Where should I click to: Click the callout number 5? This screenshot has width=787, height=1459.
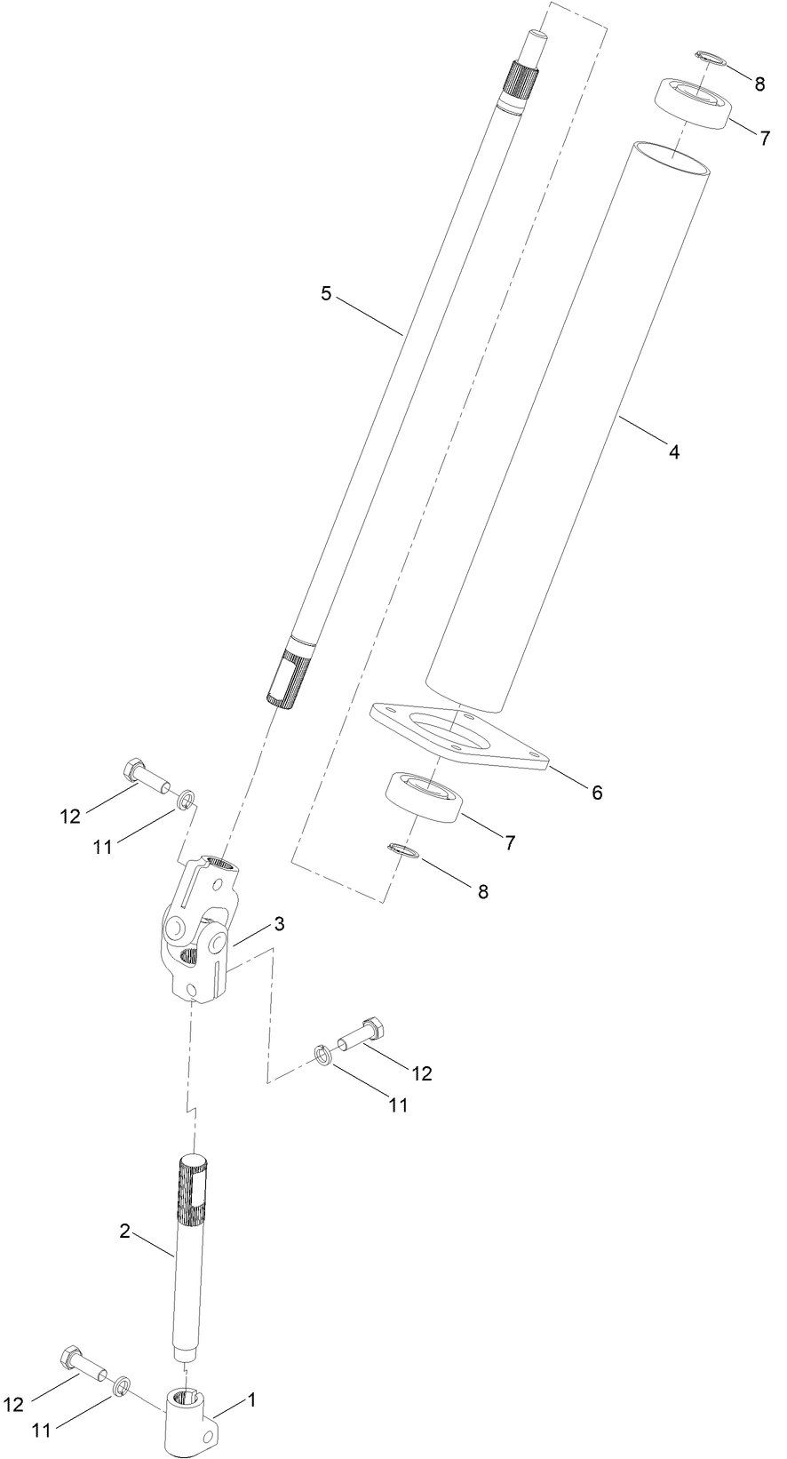tap(326, 293)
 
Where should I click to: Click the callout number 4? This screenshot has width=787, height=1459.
tap(674, 452)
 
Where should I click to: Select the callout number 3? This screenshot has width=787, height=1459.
tap(279, 924)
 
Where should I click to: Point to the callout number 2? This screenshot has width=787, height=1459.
tap(125, 1231)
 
